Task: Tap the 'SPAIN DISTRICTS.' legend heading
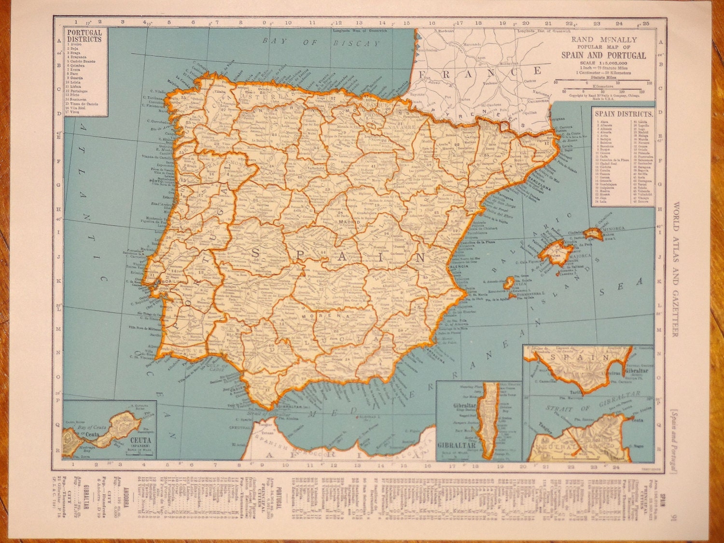(623, 114)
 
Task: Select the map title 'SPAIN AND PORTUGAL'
(603, 55)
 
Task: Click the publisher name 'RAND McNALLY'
(604, 40)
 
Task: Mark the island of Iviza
(508, 282)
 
